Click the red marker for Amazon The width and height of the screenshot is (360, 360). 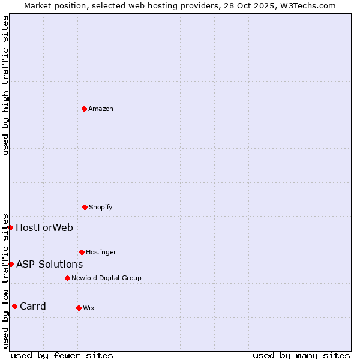(84, 109)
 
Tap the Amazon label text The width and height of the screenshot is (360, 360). (101, 109)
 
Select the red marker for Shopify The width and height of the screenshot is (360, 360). (85, 207)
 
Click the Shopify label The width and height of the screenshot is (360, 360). (101, 207)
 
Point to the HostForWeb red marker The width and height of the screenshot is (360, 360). (11, 227)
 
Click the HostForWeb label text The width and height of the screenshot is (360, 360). (44, 227)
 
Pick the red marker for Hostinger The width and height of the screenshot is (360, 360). (82, 252)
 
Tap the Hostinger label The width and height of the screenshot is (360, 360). (101, 252)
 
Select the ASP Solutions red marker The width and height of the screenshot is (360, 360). (11, 264)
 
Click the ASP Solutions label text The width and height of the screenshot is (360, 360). (49, 264)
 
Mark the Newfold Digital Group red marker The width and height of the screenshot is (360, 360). (67, 278)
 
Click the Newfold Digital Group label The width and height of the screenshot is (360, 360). (106, 278)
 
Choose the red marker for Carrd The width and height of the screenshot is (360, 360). (14, 306)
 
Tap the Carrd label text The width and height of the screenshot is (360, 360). (33, 306)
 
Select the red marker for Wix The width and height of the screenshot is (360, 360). (79, 308)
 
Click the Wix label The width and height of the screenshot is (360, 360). (89, 308)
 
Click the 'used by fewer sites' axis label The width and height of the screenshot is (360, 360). (62, 355)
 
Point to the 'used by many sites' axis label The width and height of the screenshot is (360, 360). (301, 355)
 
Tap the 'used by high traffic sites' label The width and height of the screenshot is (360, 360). (5, 85)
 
